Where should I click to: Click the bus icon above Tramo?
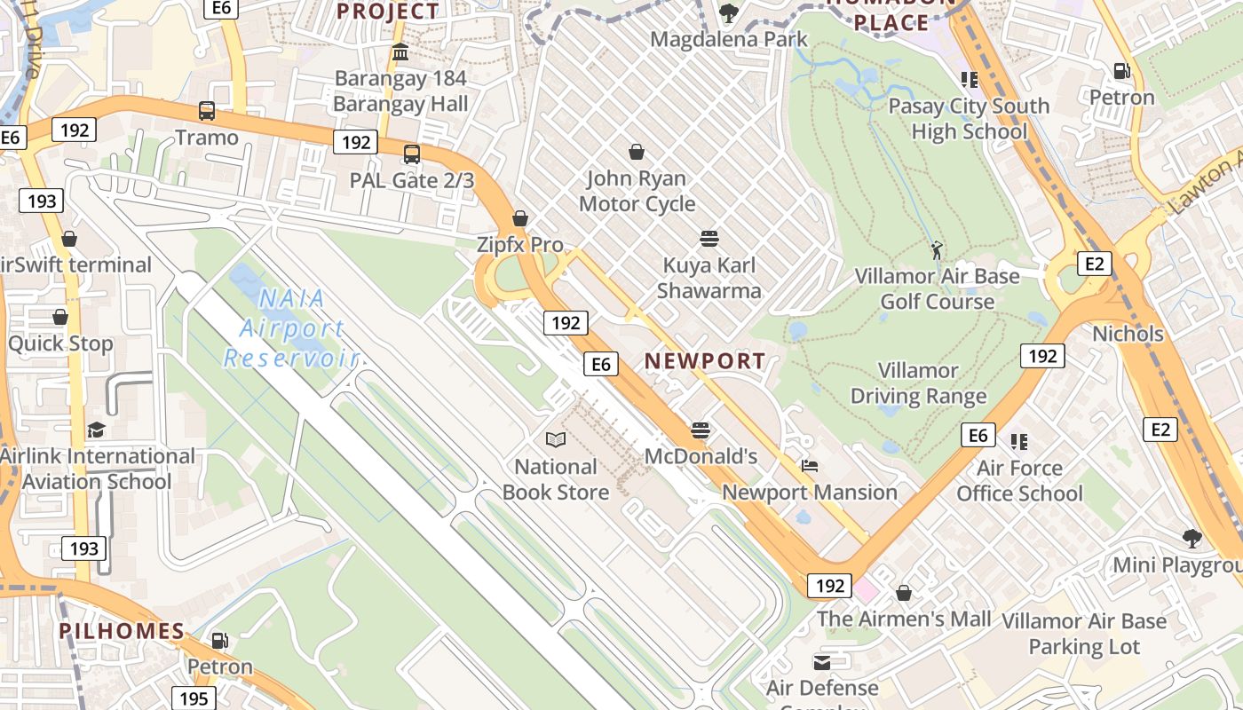[x=207, y=111]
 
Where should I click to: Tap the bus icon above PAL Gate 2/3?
[x=412, y=154]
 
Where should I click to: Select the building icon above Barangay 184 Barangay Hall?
[x=400, y=52]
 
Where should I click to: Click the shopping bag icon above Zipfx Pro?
[x=521, y=218]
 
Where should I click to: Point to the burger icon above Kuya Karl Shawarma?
[x=709, y=239]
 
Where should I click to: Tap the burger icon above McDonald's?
[x=701, y=430]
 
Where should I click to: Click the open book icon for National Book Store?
[x=556, y=440]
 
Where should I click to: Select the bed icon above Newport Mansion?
[x=809, y=466]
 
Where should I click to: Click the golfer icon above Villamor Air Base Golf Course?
[x=937, y=250]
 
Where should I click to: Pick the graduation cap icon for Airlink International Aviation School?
[x=96, y=430]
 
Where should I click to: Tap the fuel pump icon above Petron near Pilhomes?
[x=219, y=640]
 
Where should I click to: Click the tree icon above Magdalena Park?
[x=729, y=13]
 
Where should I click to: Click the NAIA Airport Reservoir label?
[x=291, y=328]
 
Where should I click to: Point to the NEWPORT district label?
[x=705, y=361]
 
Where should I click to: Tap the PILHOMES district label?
[x=122, y=632]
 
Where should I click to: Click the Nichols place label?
[x=1128, y=334]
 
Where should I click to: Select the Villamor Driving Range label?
[x=919, y=383]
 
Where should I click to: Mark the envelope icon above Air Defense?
[x=822, y=662]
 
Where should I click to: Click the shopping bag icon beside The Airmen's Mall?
[x=904, y=592]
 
